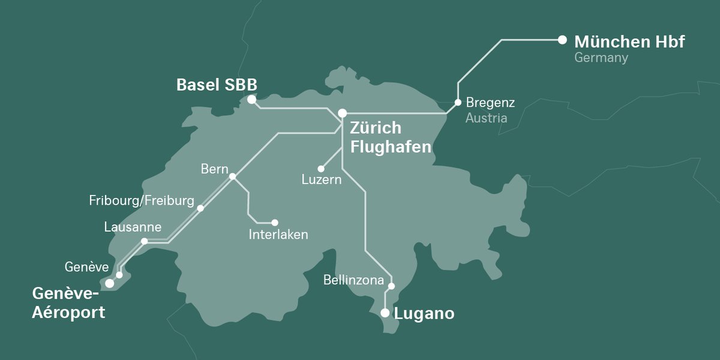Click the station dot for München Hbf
[562, 40]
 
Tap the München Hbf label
[629, 42]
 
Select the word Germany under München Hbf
[601, 58]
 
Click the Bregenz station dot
[458, 102]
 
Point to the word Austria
[486, 118]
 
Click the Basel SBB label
[217, 85]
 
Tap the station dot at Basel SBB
[251, 100]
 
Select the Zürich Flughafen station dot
[342, 113]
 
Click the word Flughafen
[391, 146]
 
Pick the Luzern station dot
[321, 169]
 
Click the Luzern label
[322, 179]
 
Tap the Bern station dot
[232, 176]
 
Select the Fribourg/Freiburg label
[142, 200]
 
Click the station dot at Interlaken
[275, 223]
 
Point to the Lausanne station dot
[144, 241]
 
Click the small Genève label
[86, 266]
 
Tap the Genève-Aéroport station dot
[109, 283]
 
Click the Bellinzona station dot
[391, 286]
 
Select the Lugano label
[424, 313]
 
